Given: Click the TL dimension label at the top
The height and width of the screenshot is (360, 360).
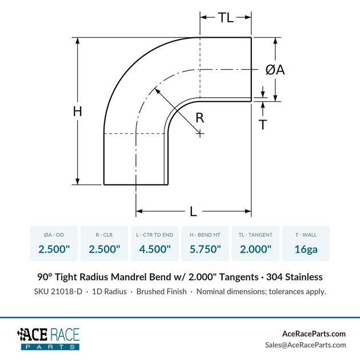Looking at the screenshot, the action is coord(226,18).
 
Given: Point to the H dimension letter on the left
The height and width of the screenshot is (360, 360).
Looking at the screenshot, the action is coord(78,111).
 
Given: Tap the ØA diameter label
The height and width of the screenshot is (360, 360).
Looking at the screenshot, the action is coord(275,70).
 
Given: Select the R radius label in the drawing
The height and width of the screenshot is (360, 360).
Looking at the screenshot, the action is coord(200,118).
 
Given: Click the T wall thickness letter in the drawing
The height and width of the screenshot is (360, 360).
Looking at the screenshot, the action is coord(263,125).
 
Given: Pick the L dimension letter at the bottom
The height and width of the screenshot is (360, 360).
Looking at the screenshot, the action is coord(193,211).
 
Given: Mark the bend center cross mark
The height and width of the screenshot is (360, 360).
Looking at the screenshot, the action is coord(200,133).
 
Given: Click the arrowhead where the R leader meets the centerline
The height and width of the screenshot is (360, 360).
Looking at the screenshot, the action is coord(157,90).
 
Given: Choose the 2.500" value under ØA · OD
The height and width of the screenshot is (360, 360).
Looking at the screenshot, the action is coord(54,249).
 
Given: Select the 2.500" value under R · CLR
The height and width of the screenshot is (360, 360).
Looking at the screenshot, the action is coord(105,249).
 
